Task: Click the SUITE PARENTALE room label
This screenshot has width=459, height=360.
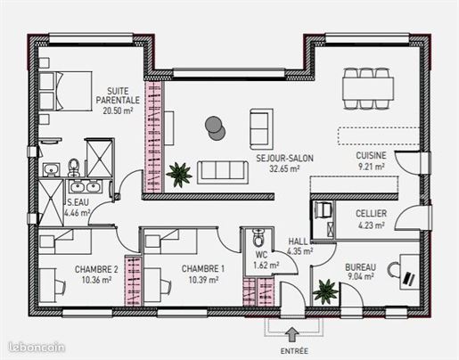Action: (x=118, y=95)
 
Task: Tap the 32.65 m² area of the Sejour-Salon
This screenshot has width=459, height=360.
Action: (x=284, y=168)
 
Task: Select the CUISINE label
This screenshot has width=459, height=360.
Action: (x=371, y=155)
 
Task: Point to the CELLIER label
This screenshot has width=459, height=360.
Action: (x=371, y=213)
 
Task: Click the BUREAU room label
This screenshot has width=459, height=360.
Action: (x=360, y=267)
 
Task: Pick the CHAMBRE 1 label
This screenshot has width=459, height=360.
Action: (x=203, y=269)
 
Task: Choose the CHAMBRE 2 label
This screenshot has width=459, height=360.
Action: (x=96, y=269)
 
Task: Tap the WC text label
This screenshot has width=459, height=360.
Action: (x=261, y=255)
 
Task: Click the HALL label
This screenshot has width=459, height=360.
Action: (x=298, y=241)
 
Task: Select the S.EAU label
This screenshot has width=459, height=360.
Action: (x=78, y=202)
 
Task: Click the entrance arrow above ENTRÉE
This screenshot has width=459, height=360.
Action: (x=292, y=335)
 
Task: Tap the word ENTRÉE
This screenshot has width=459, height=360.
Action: (x=294, y=351)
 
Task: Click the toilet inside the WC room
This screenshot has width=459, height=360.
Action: (x=258, y=237)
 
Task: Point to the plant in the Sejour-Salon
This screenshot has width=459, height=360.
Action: (x=179, y=175)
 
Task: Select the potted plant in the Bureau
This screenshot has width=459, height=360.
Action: (x=325, y=292)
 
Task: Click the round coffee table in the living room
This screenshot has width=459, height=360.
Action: (x=215, y=128)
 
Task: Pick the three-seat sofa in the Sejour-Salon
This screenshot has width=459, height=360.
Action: (x=223, y=173)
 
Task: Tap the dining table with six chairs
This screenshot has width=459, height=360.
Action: (x=368, y=88)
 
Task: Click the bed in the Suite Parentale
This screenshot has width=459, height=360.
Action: (x=65, y=91)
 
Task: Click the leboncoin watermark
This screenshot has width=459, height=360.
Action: (x=37, y=348)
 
